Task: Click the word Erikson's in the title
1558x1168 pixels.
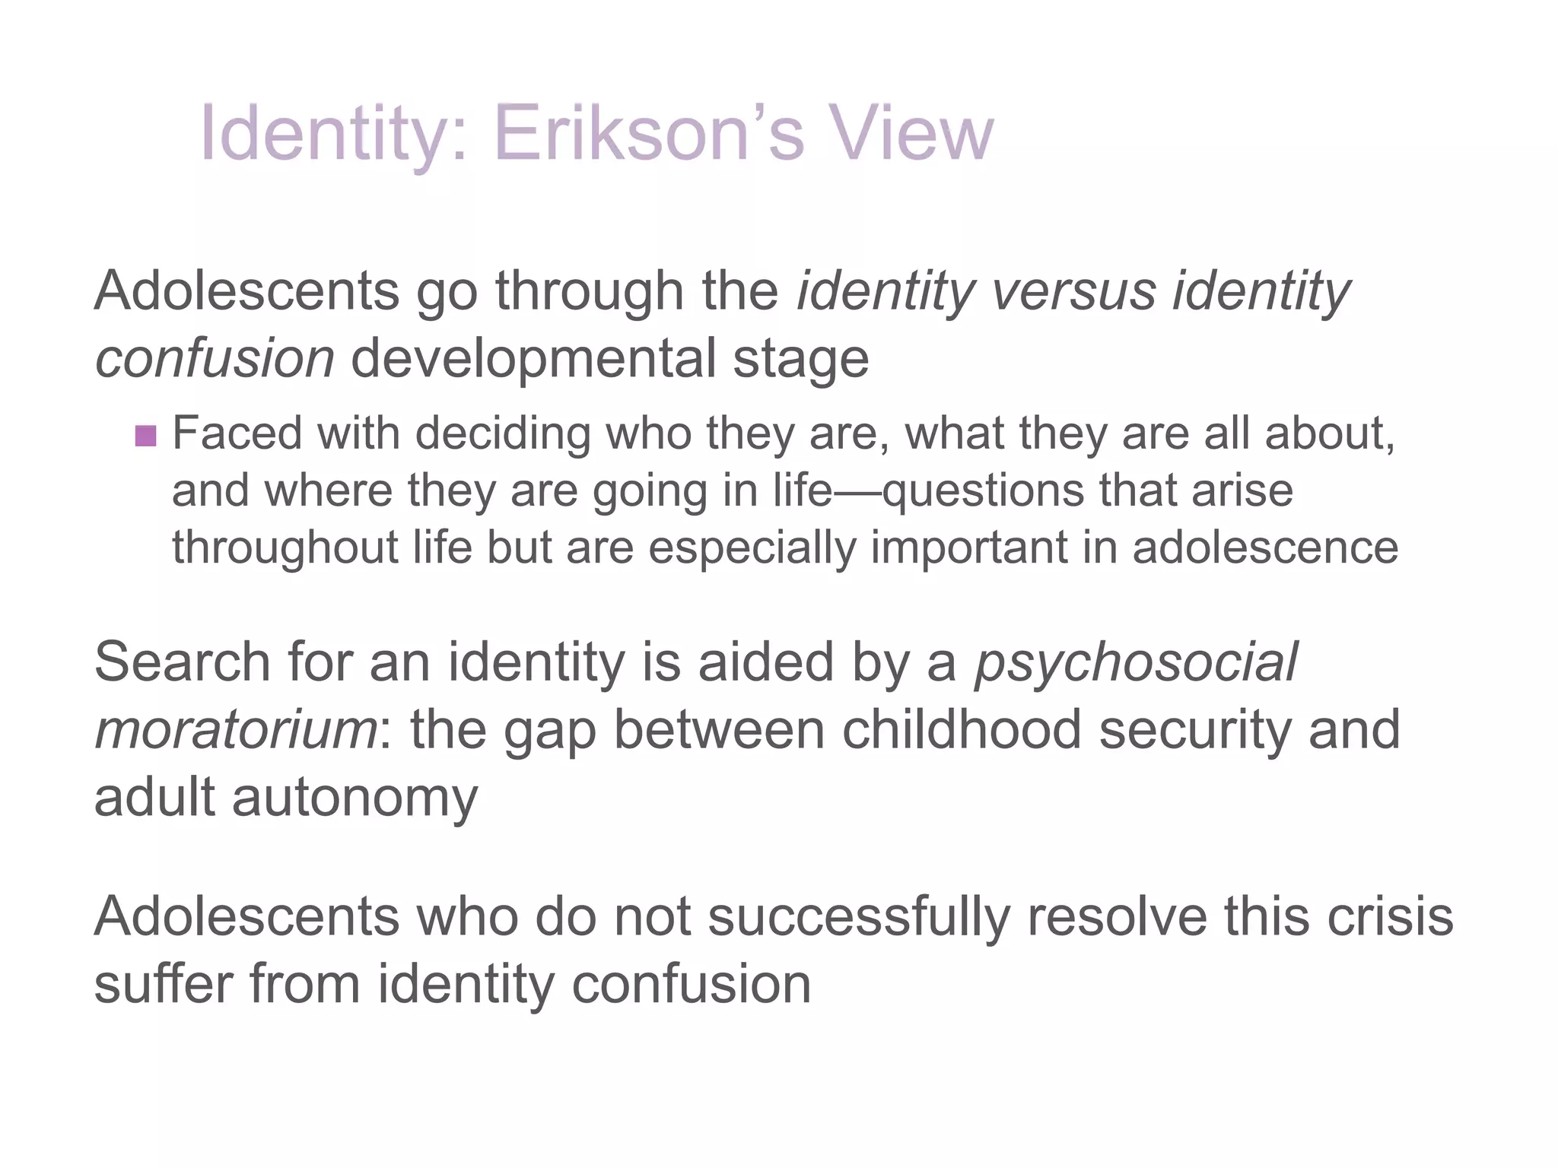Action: (648, 135)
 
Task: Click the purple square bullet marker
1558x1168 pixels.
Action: (145, 436)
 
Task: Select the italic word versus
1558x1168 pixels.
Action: (1073, 291)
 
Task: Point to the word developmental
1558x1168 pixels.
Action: (533, 359)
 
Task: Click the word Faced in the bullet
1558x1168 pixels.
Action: (237, 433)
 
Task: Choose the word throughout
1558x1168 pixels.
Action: (285, 547)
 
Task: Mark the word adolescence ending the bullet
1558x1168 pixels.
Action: (1265, 547)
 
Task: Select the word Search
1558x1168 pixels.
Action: (183, 662)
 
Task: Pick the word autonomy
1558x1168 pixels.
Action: (355, 798)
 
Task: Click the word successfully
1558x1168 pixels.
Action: (859, 917)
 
